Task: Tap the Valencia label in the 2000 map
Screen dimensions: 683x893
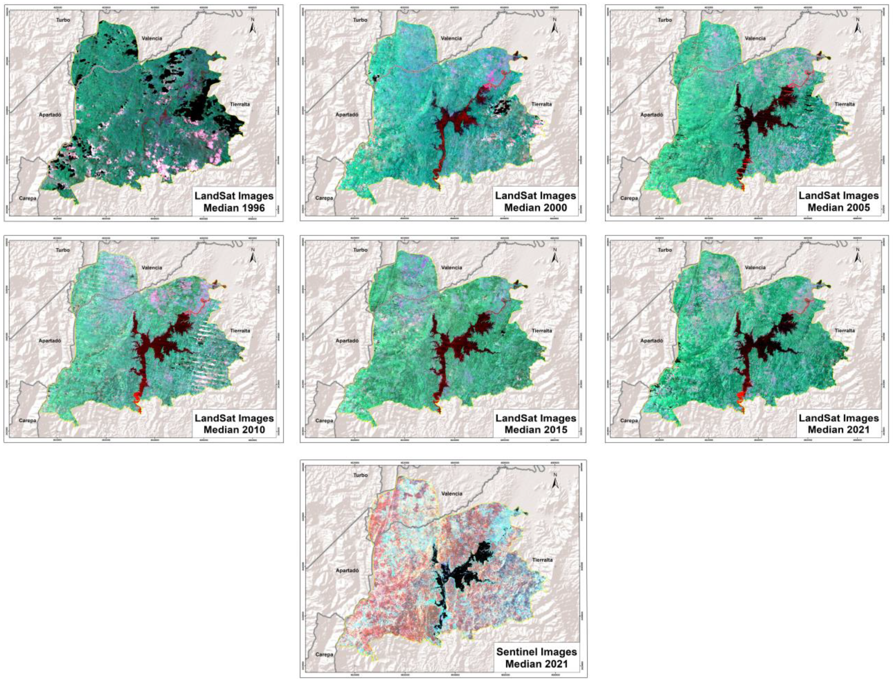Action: click(x=451, y=38)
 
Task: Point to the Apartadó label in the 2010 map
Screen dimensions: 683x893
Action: click(x=50, y=341)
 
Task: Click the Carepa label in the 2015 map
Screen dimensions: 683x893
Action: click(x=324, y=421)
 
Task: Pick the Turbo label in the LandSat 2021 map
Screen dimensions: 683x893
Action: click(x=665, y=249)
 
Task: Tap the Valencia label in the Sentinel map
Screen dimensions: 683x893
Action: click(x=451, y=494)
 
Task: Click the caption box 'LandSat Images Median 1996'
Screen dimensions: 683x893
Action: click(x=233, y=202)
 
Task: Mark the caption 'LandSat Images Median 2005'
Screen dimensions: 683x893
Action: click(x=839, y=202)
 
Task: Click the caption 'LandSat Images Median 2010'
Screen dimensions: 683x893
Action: click(x=233, y=424)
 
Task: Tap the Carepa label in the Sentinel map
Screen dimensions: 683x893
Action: click(x=324, y=654)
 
